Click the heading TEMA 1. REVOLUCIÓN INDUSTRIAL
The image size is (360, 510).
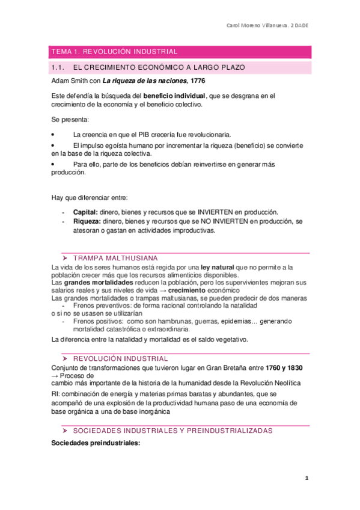pos(114,52)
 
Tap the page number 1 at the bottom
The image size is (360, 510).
pos(307,478)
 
